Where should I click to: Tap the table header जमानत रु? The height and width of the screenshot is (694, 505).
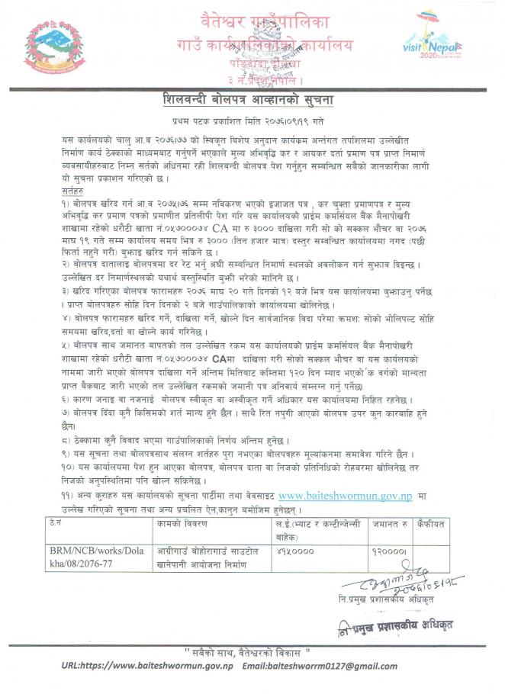(x=383, y=525)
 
